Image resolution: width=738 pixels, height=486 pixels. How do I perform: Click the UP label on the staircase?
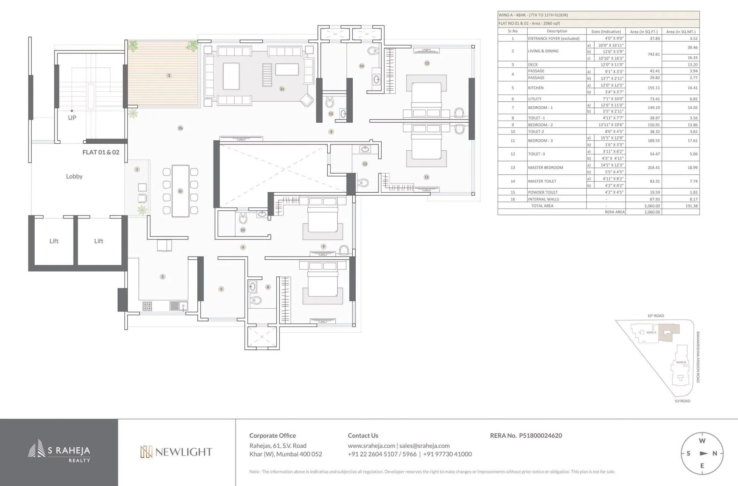(72, 118)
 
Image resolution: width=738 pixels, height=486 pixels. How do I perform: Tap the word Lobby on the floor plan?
(74, 176)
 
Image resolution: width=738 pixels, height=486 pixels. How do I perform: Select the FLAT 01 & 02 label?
(101, 152)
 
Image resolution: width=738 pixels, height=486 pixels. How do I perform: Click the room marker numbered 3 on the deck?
(169, 76)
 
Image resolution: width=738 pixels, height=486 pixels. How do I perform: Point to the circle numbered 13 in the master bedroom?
(427, 63)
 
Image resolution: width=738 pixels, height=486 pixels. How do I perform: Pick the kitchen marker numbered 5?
(162, 277)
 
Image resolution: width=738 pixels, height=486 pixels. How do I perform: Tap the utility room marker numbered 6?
(221, 289)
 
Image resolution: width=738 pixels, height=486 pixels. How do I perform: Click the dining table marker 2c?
(180, 191)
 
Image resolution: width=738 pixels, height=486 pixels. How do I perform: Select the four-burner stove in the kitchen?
(147, 306)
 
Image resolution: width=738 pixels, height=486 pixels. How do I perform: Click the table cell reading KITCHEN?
(536, 88)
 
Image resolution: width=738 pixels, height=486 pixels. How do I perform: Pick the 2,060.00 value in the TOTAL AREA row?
(652, 206)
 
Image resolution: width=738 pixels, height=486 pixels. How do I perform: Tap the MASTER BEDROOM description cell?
(545, 168)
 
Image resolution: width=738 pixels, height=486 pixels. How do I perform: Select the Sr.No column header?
(513, 31)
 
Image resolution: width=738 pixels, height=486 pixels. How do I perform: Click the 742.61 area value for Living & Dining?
(653, 54)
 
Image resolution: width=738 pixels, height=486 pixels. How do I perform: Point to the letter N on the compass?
(714, 454)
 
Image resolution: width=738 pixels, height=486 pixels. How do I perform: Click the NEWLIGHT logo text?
(183, 452)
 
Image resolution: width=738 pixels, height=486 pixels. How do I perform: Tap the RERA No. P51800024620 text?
(526, 436)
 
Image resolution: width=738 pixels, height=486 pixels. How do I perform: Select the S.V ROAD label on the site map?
(682, 401)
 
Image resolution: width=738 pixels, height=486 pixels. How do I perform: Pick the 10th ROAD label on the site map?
(655, 316)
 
